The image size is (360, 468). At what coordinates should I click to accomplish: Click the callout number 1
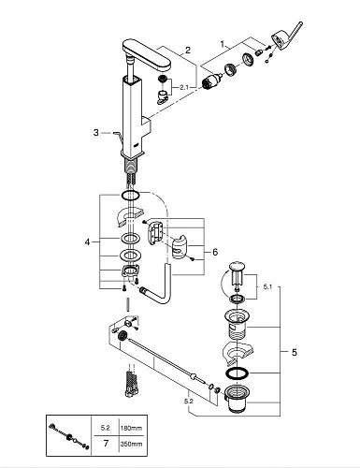pyautogui.click(x=222, y=43)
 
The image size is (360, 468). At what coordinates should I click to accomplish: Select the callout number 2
pyautogui.click(x=187, y=50)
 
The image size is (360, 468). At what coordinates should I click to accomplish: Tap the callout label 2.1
pyautogui.click(x=183, y=88)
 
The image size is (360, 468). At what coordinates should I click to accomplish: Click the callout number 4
pyautogui.click(x=86, y=243)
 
